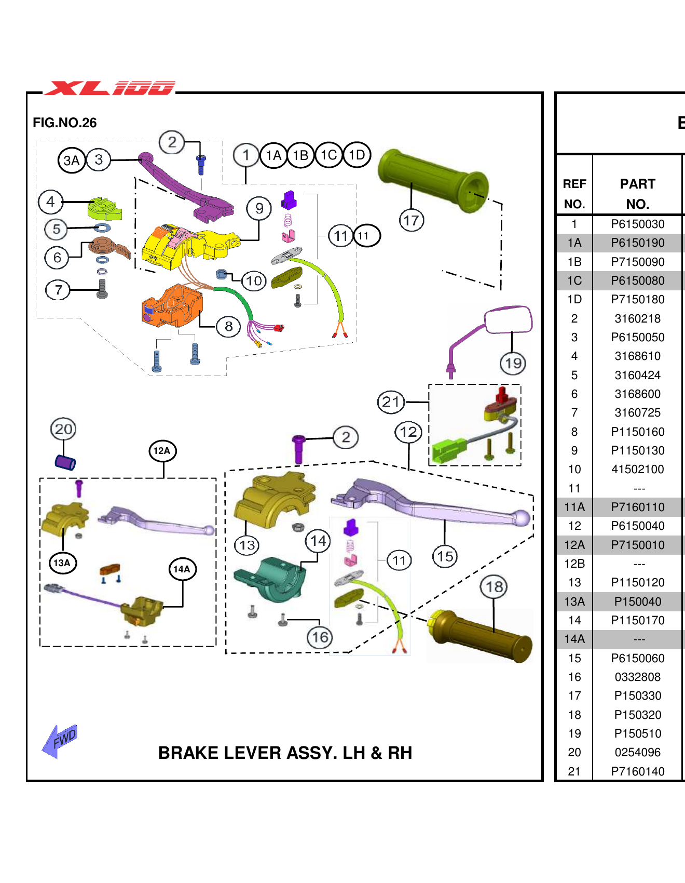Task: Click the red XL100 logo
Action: pyautogui.click(x=109, y=88)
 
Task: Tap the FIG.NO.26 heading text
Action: pyautogui.click(x=64, y=123)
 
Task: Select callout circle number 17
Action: pyautogui.click(x=412, y=220)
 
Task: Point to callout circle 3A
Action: pyautogui.click(x=71, y=160)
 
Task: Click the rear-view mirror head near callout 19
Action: pyautogui.click(x=508, y=319)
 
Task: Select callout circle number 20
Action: pyautogui.click(x=63, y=429)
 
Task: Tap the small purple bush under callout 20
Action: pyautogui.click(x=65, y=462)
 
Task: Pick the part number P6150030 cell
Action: pyautogui.click(x=637, y=224)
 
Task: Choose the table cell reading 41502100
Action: pyautogui.click(x=637, y=470)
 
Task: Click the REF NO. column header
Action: pyautogui.click(x=574, y=194)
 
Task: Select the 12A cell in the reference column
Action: pyautogui.click(x=574, y=545)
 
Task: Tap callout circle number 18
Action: pyautogui.click(x=494, y=587)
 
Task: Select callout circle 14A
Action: pyautogui.click(x=182, y=569)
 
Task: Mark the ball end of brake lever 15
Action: pyautogui.click(x=522, y=518)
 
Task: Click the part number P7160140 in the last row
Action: pyautogui.click(x=637, y=771)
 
